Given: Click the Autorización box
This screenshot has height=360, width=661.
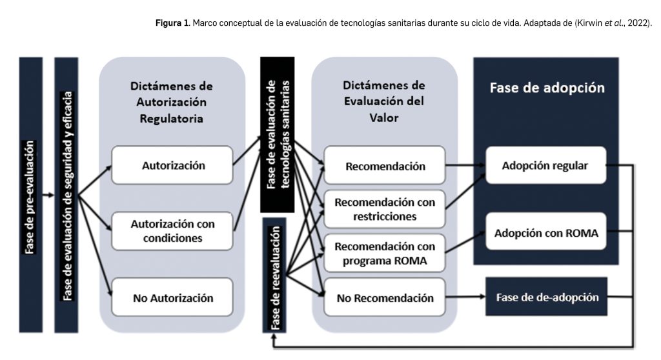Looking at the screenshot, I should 172,165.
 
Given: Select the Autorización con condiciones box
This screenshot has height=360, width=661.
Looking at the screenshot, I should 172,230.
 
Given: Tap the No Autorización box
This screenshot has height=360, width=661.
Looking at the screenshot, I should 172,297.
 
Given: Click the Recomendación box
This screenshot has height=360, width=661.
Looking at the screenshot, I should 385,166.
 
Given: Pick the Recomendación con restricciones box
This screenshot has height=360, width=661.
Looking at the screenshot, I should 385,209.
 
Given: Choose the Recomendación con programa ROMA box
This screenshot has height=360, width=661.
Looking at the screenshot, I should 385,254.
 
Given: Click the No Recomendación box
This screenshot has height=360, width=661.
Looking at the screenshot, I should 385,297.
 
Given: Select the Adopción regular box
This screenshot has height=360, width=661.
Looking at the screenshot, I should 545,166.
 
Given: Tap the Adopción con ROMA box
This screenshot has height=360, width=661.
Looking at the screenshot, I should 545,232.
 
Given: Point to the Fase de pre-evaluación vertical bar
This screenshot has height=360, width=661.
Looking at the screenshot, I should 31,194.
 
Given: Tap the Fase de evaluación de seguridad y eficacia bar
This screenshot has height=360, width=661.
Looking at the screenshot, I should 66,194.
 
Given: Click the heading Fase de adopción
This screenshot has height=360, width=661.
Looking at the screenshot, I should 546,88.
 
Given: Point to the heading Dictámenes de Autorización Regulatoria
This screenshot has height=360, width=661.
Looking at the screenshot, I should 172,102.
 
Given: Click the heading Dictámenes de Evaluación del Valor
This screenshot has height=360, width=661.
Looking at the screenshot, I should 385,102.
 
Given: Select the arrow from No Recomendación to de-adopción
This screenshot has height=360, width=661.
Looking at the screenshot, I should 465,297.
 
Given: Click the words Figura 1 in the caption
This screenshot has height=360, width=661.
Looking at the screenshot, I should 171,24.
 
